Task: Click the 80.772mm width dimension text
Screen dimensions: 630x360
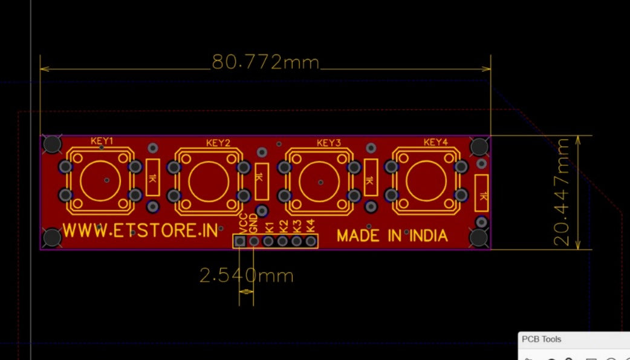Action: (265, 62)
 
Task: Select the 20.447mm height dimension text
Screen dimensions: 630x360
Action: (562, 192)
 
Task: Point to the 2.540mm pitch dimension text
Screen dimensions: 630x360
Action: (246, 275)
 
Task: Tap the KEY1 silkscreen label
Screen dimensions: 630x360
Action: (102, 141)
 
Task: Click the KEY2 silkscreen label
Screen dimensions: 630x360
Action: (218, 143)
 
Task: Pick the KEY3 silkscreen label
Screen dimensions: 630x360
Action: (329, 143)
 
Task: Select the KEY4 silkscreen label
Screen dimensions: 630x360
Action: (435, 142)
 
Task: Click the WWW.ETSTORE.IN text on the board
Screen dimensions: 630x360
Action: (140, 231)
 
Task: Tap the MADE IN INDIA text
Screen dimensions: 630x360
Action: (392, 235)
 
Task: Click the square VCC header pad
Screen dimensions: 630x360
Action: (240, 241)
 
